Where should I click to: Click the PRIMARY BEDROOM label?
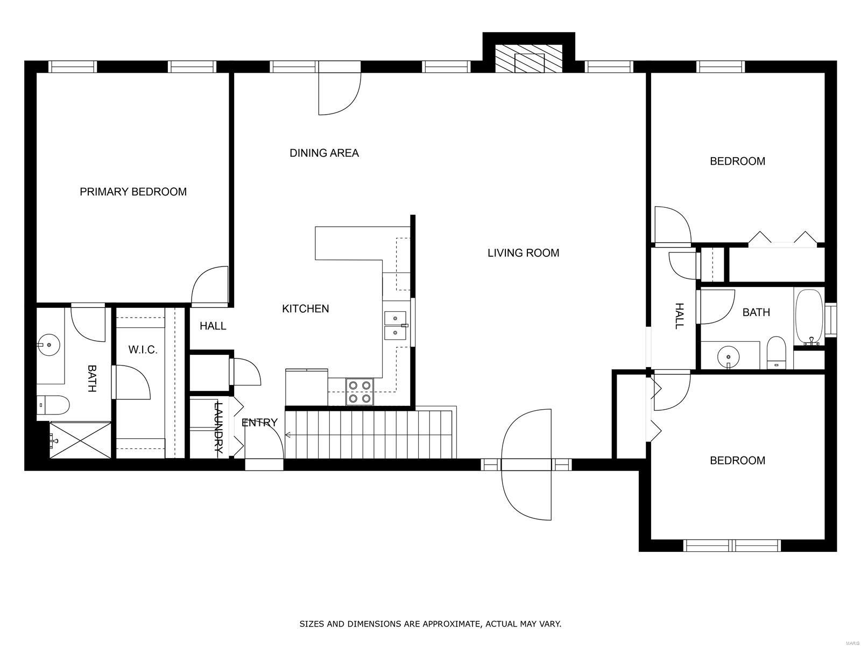tap(133, 192)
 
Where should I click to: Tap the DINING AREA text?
tap(324, 153)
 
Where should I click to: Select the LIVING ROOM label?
tap(523, 252)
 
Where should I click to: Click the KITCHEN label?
tap(305, 308)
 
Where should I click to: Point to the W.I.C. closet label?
tap(143, 350)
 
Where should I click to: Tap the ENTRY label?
tap(259, 423)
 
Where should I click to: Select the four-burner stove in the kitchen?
tap(359, 391)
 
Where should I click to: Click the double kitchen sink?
tap(396, 325)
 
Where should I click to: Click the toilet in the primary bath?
tap(54, 405)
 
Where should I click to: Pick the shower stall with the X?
tap(80, 441)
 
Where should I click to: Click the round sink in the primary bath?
tap(49, 343)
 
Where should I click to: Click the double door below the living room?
tap(526, 464)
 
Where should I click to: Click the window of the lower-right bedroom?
tap(732, 545)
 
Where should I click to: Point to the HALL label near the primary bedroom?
tap(213, 326)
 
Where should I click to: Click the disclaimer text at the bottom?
tap(430, 624)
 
